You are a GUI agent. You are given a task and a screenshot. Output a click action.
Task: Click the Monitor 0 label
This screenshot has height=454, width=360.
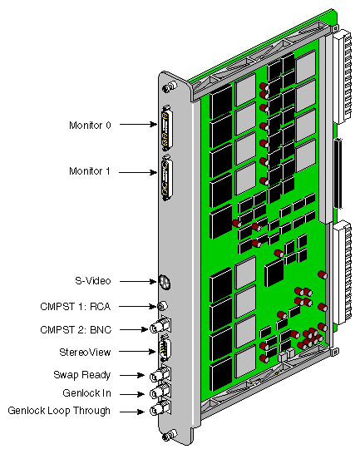(x=90, y=125)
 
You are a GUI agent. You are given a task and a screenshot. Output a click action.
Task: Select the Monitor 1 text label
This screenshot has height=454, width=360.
(x=90, y=171)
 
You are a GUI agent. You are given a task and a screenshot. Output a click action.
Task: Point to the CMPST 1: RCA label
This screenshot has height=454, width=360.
(x=75, y=307)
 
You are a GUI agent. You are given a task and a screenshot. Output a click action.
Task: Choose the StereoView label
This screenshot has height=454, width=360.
(x=87, y=353)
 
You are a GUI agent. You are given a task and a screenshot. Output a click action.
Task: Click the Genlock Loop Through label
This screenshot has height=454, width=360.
(x=58, y=410)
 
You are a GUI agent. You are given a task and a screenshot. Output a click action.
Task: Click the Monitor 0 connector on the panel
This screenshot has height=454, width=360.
(x=167, y=126)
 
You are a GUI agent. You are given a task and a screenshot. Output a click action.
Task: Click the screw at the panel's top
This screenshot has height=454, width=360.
(x=169, y=86)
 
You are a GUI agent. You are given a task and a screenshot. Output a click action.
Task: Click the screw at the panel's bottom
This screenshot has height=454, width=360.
(x=170, y=435)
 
